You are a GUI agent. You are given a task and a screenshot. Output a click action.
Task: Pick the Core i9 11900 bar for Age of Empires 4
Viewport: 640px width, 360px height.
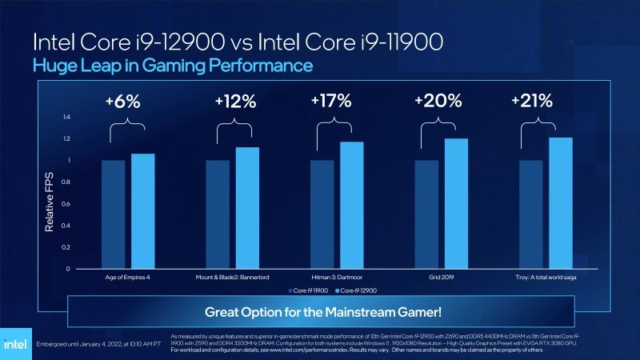113,214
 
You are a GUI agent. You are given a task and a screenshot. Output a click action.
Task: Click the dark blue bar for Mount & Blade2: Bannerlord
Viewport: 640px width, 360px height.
218,214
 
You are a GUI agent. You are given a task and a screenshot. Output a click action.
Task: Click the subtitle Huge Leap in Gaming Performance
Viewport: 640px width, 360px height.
172,64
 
